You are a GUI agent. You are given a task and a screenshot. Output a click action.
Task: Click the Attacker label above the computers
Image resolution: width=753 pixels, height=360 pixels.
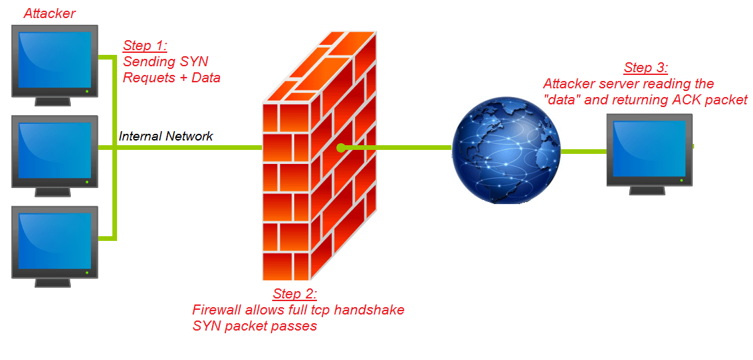coord(49,13)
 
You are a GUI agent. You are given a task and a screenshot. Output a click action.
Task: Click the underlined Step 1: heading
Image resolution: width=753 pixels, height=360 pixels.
coord(144,46)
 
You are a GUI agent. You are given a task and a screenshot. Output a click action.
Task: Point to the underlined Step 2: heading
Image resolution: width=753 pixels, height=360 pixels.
coord(295,294)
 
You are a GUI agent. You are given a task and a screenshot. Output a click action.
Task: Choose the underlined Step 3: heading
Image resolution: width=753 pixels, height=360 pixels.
coord(645,68)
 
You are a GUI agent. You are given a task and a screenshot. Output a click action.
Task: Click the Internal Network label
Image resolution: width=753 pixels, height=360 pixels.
coord(166,137)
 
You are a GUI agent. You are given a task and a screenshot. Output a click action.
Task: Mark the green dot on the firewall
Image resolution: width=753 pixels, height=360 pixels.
coord(340,147)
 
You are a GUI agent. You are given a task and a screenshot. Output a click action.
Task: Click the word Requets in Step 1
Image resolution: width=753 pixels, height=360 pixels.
coord(149,78)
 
